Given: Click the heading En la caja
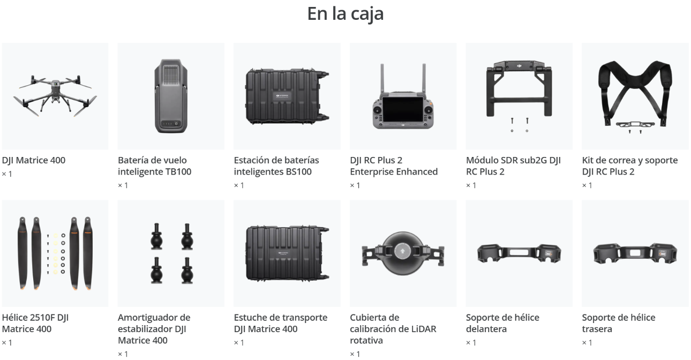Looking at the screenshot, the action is click(x=345, y=14).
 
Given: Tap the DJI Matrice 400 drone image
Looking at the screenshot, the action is click(x=55, y=95).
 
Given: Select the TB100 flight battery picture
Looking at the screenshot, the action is click(x=171, y=96).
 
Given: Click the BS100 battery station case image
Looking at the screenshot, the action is click(x=287, y=96).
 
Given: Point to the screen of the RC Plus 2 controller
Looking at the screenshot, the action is click(x=403, y=110).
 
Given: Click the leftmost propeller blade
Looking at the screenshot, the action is click(x=22, y=253).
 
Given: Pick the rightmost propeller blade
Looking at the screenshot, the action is click(x=88, y=253).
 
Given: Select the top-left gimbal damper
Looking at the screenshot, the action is click(x=156, y=237).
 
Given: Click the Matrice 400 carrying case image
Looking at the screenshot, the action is click(x=287, y=253).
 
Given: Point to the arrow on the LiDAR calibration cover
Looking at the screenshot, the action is click(x=402, y=251).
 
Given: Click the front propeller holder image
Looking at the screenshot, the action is click(x=519, y=253).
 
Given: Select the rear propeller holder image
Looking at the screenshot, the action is click(x=635, y=253).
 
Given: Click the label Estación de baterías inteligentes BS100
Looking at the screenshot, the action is click(x=276, y=166).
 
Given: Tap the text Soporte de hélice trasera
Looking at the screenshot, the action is click(x=619, y=323).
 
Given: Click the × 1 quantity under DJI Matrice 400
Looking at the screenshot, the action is click(x=7, y=174).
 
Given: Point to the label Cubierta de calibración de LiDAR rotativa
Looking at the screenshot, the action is click(x=393, y=329).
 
